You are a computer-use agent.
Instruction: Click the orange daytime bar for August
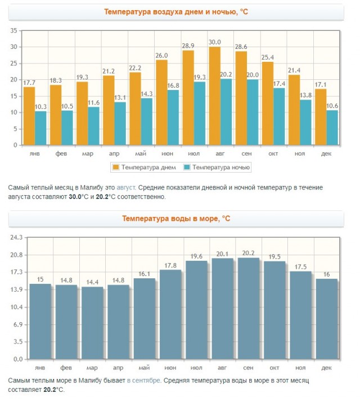pyautogui.click(x=215, y=96)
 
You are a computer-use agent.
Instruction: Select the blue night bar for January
pyautogui.click(x=40, y=128)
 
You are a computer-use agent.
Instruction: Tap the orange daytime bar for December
pyautogui.click(x=321, y=117)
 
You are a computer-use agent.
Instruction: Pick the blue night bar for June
pyautogui.click(x=173, y=118)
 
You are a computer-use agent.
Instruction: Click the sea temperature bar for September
pyautogui.click(x=249, y=309)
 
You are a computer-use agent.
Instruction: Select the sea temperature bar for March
pyautogui.click(x=92, y=323)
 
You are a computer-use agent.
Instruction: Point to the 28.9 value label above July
pyautogui.click(x=188, y=46)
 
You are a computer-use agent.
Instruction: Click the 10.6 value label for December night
pyautogui.click(x=332, y=106)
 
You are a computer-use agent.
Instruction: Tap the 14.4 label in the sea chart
pyautogui.click(x=92, y=282)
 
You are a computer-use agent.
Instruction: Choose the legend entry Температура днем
pyautogui.click(x=145, y=168)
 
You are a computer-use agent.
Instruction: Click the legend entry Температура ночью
pyautogui.click(x=217, y=168)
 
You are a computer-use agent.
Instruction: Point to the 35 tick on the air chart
pyautogui.click(x=13, y=30)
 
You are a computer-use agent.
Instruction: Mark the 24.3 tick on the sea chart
pyautogui.click(x=16, y=237)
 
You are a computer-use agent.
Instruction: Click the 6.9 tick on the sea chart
pyautogui.click(x=18, y=324)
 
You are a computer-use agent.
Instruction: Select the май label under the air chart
pyautogui.click(x=141, y=154)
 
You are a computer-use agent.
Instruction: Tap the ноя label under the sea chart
pyautogui.click(x=300, y=368)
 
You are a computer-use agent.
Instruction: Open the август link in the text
pyautogui.click(x=126, y=187)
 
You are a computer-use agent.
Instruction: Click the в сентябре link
pyautogui.click(x=144, y=381)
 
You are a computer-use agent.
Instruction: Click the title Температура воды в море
pyautogui.click(x=176, y=219)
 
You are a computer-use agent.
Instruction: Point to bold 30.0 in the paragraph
pyautogui.click(x=75, y=197)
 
